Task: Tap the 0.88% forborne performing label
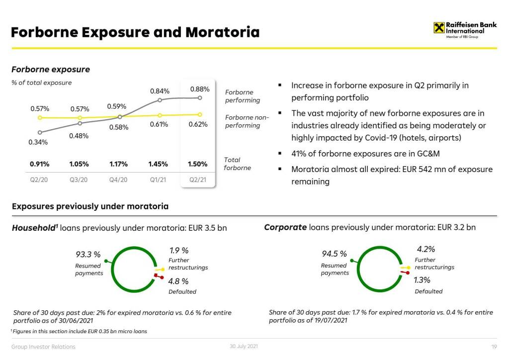(200, 90)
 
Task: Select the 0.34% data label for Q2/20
(38, 142)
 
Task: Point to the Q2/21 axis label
(198, 180)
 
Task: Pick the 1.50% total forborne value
(198, 164)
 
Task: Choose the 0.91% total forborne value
(39, 164)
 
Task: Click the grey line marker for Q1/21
(160, 100)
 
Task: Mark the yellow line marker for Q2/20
(40, 118)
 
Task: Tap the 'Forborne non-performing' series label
(247, 121)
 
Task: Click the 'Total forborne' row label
(238, 164)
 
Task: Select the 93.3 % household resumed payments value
(88, 255)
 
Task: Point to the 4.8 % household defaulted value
(178, 281)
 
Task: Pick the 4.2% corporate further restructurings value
(426, 249)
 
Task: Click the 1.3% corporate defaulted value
(422, 280)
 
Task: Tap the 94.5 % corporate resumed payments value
(335, 255)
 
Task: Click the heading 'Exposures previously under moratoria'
(90, 206)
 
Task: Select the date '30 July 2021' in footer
(244, 346)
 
